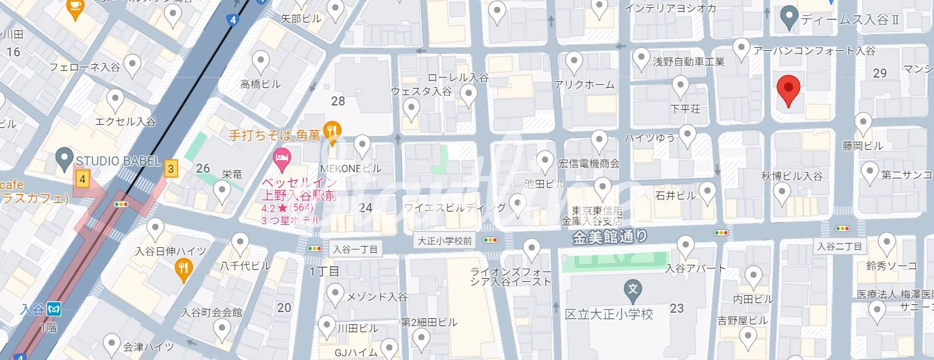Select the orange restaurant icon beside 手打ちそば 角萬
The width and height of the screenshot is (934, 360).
point(332,129)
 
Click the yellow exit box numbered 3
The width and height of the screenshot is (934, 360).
point(172,169)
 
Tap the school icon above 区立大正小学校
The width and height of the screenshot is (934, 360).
point(633,290)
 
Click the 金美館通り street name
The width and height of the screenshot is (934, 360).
point(610,236)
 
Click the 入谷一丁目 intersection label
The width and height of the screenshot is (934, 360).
point(356,249)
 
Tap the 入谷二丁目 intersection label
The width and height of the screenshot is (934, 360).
point(839,246)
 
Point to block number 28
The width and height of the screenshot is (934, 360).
point(338,101)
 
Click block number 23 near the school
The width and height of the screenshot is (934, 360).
point(677,308)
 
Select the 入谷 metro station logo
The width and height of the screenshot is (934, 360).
point(55,308)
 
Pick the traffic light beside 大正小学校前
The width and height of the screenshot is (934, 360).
point(490,240)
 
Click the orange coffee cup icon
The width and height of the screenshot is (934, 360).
point(75,8)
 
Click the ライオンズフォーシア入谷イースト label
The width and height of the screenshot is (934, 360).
point(511,276)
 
